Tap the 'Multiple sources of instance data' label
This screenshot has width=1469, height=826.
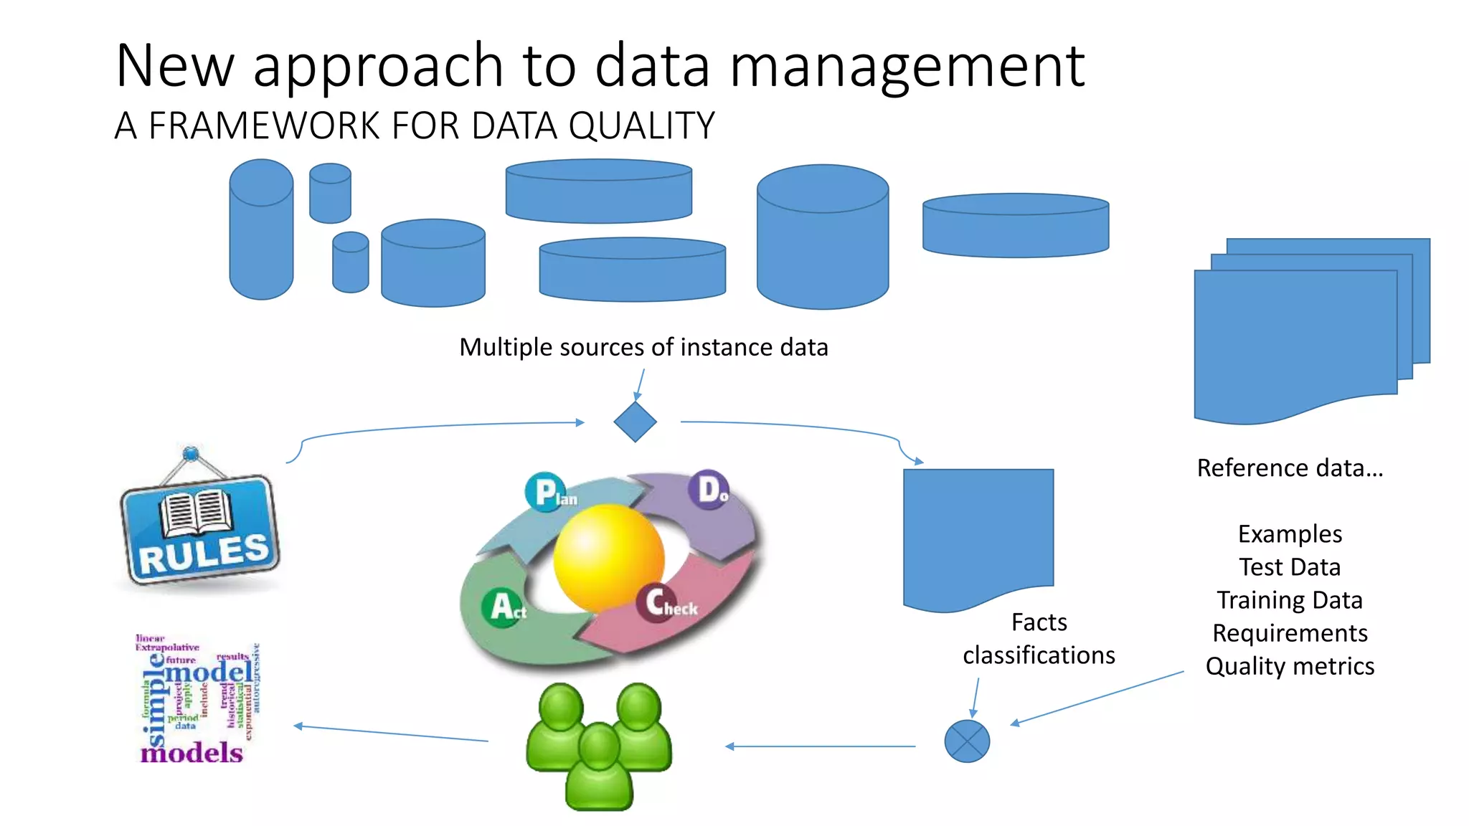coord(643,347)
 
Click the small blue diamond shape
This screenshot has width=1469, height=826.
coord(635,422)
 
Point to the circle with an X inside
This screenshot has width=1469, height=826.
coord(967,741)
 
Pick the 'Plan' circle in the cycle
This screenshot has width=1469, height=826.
coord(546,492)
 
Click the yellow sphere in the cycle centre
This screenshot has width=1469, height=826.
coord(608,557)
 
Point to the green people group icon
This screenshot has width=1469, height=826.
coord(599,746)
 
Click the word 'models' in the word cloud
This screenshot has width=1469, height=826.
coord(192,753)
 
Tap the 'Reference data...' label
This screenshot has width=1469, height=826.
coord(1290,468)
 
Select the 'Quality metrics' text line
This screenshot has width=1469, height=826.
coord(1290,666)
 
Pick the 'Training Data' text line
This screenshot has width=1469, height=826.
coord(1290,600)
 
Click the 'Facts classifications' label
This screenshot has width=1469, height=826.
coord(1039,638)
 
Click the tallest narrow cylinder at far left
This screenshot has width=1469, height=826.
coord(261,229)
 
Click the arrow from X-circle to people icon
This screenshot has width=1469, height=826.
coord(821,746)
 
